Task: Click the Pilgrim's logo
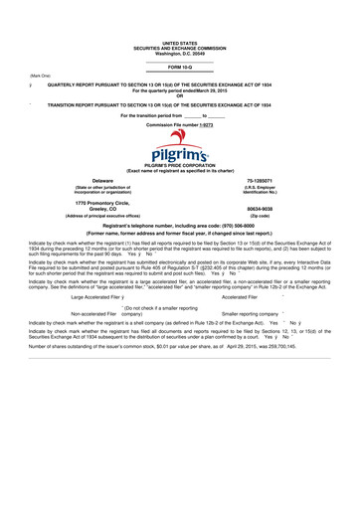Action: click(180, 157)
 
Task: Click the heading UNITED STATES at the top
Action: click(179, 44)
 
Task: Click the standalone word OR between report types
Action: click(180, 94)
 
